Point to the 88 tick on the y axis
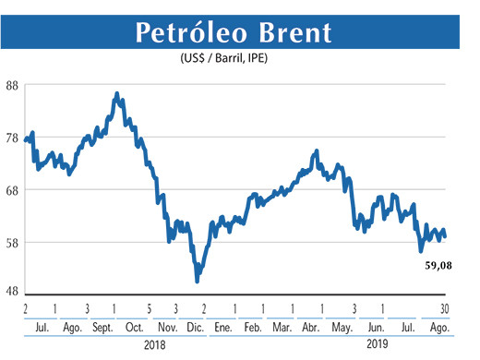[x=12, y=85]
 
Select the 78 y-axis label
[x=12, y=138]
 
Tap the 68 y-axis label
[x=12, y=190]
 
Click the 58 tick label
[x=12, y=243]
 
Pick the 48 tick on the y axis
[x=12, y=291]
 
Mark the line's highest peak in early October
[x=116, y=93]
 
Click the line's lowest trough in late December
[x=197, y=281]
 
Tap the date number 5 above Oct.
[x=148, y=307]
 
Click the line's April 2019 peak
[x=317, y=150]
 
